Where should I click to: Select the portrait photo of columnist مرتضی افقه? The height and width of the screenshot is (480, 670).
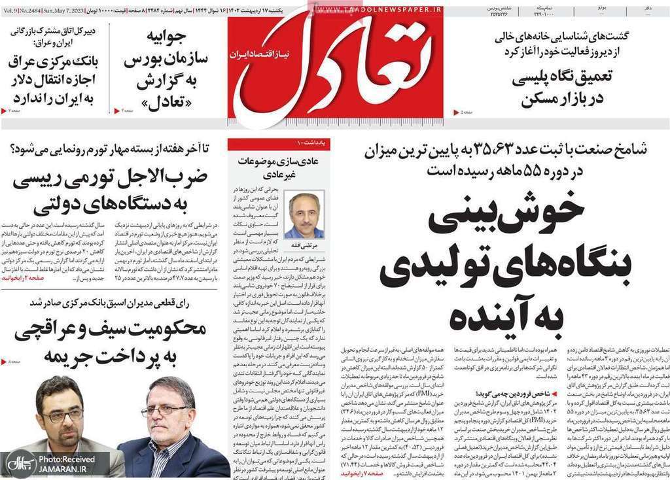point(305,214)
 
